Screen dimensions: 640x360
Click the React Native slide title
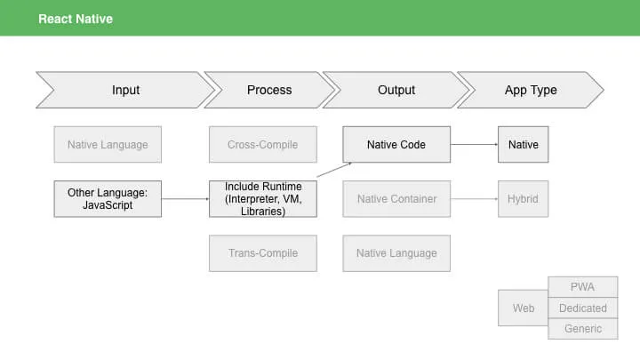pos(76,19)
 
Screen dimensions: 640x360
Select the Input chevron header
pos(125,90)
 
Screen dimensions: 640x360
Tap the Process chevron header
pos(269,90)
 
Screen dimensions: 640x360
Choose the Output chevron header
pos(396,90)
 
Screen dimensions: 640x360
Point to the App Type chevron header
pos(531,90)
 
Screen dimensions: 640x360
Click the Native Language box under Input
pos(108,145)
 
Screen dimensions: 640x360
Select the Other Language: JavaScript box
pos(108,199)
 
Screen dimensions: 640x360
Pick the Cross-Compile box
pos(263,145)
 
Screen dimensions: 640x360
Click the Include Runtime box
pos(263,199)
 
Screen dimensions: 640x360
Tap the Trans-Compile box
pos(263,253)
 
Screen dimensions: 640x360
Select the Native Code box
pos(396,145)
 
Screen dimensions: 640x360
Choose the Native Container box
pos(396,199)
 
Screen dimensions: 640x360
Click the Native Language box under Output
pos(396,253)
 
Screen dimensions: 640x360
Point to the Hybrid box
pos(524,199)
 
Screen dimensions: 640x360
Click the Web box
pos(524,308)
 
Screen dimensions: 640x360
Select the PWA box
pos(583,287)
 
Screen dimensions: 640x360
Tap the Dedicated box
pos(583,308)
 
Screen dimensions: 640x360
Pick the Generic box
pos(583,329)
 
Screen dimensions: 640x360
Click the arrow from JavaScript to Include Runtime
pos(185,199)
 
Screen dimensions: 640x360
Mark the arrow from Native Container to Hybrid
pos(475,199)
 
